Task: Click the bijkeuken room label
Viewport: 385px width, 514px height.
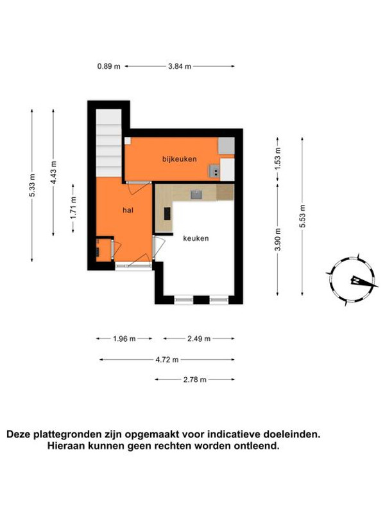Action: pyautogui.click(x=180, y=159)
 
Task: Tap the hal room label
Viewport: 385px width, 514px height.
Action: pyautogui.click(x=128, y=211)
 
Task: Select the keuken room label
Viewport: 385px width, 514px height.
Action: pyautogui.click(x=196, y=238)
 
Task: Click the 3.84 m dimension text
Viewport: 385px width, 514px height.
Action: pyautogui.click(x=180, y=66)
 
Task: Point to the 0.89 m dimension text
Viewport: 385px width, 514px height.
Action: pyautogui.click(x=108, y=66)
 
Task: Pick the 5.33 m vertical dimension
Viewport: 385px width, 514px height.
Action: pyautogui.click(x=32, y=185)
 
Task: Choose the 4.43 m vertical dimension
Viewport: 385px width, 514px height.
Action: pyautogui.click(x=53, y=172)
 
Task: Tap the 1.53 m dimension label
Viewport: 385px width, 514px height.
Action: pyautogui.click(x=278, y=159)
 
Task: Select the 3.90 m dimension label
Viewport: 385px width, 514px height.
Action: pyautogui.click(x=278, y=239)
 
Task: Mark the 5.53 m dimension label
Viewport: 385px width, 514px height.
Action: pyautogui.click(x=302, y=217)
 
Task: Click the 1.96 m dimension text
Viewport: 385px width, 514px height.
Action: pyautogui.click(x=124, y=339)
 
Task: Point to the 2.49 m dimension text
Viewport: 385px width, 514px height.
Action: pyautogui.click(x=199, y=339)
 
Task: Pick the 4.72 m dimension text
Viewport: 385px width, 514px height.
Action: pyautogui.click(x=167, y=360)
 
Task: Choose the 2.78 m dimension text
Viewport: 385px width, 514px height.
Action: pyautogui.click(x=195, y=380)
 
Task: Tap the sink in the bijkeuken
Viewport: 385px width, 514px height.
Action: pyautogui.click(x=215, y=171)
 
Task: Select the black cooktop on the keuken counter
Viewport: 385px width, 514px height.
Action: pyautogui.click(x=167, y=213)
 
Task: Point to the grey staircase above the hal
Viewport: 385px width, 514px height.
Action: pyautogui.click(x=108, y=143)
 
